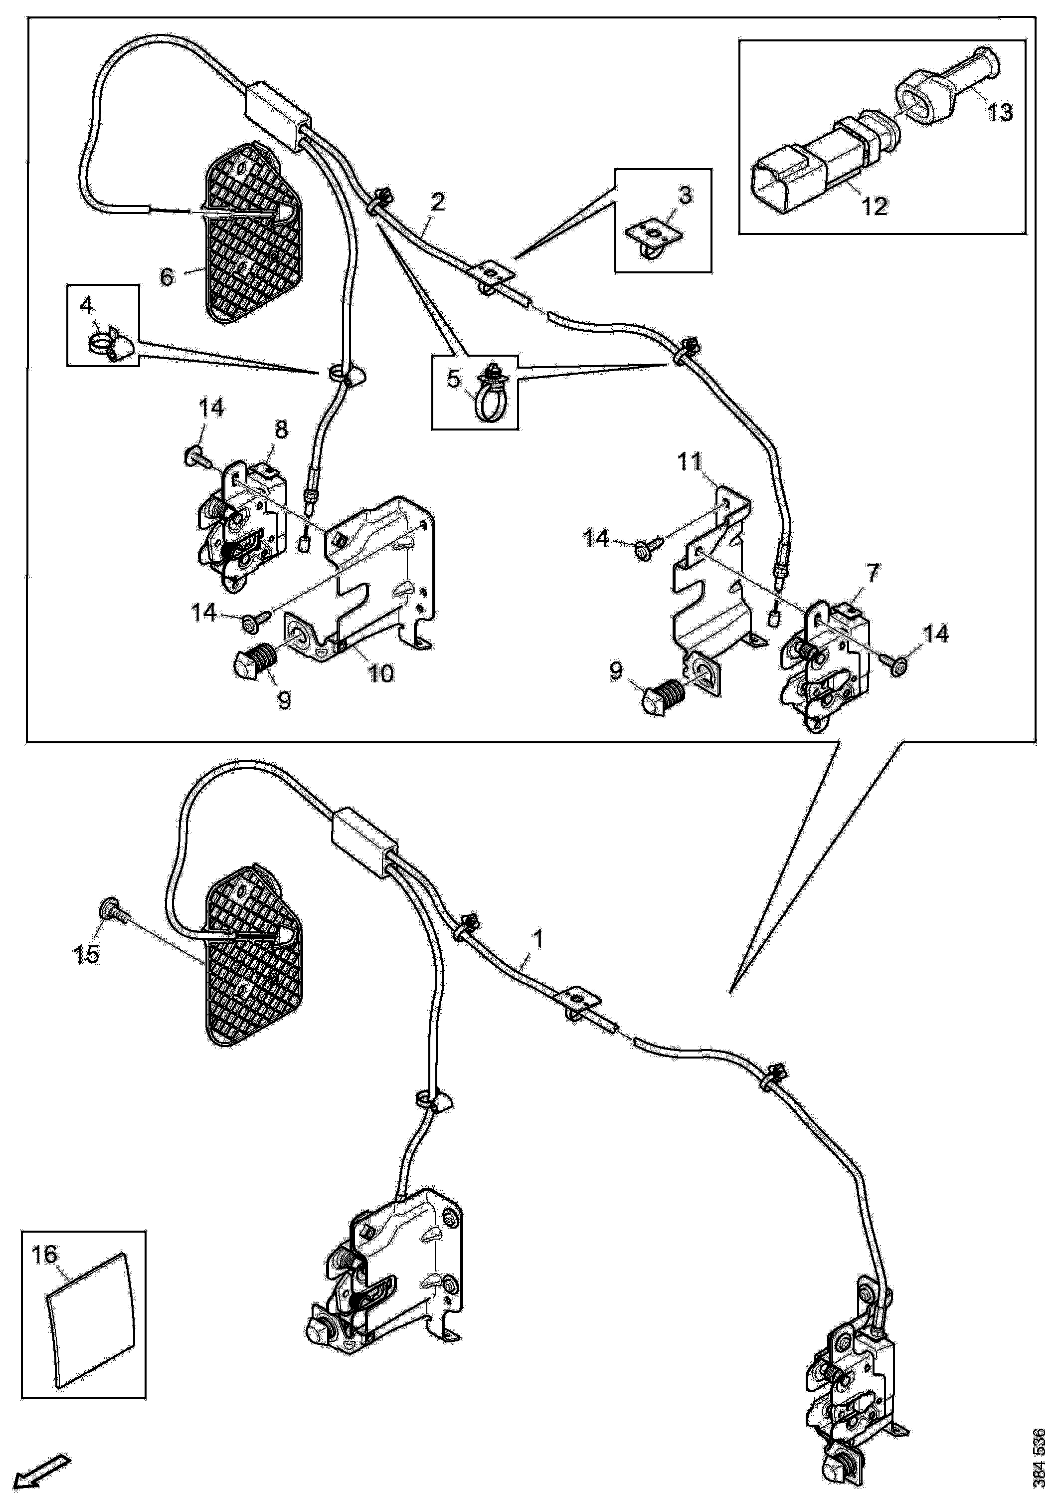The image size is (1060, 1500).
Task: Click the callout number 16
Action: [x=46, y=1254]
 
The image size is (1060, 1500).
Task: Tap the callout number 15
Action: [x=86, y=954]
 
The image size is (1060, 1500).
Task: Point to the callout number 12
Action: [x=875, y=207]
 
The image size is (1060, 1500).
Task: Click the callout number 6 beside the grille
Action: [x=167, y=276]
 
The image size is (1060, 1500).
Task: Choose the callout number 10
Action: [x=381, y=673]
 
